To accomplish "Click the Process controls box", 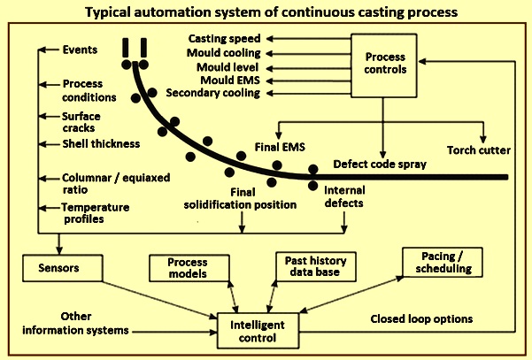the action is [x=384, y=65].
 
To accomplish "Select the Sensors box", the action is [x=63, y=268].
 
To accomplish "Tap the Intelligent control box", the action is [x=258, y=331].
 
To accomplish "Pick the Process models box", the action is [x=189, y=268].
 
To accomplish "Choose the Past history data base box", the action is [x=316, y=266].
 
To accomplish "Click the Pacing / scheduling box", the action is [x=443, y=263].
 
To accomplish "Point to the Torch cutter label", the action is [x=478, y=150].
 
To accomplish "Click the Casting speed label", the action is [x=224, y=39].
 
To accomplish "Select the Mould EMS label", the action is [x=230, y=80].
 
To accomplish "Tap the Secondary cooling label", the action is [x=213, y=93].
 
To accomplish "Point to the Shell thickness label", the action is [x=101, y=143].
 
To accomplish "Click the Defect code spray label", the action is [x=380, y=165].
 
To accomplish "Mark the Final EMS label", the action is [x=280, y=147].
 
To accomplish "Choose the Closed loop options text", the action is [x=421, y=319].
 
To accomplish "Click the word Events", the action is [x=80, y=50].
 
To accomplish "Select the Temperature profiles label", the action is [x=96, y=213].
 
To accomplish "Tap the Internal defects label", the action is [x=344, y=196].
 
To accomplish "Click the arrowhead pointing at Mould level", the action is [x=269, y=68].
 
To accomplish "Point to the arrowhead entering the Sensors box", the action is [x=59, y=251].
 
